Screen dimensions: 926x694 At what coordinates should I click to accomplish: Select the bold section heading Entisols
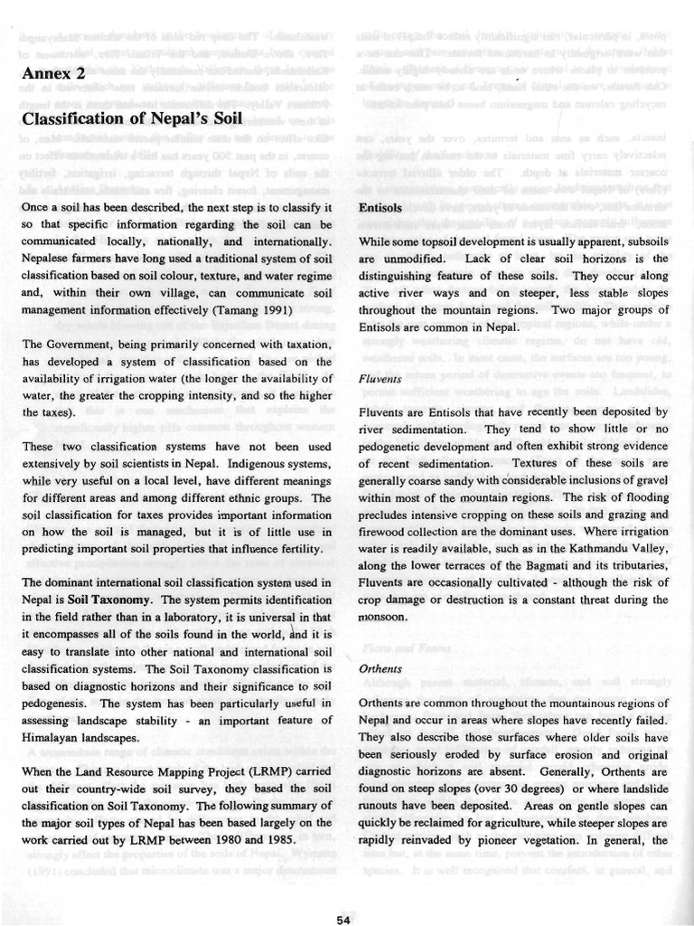(x=380, y=207)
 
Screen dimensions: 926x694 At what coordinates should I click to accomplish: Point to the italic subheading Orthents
(x=380, y=670)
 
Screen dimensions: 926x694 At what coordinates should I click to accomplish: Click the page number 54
(x=343, y=920)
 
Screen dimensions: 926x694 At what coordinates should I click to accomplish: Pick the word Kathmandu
(x=589, y=549)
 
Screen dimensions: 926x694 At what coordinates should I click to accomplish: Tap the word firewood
(x=383, y=532)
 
